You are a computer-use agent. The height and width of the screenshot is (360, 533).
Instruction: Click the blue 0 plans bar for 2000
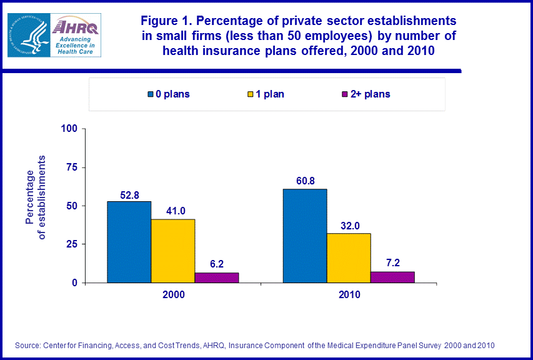(x=129, y=242)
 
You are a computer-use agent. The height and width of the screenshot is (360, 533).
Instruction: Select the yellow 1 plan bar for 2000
(x=172, y=251)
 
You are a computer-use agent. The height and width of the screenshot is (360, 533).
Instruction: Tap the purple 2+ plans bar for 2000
(x=216, y=277)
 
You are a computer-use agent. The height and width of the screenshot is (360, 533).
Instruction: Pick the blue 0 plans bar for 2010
(x=304, y=236)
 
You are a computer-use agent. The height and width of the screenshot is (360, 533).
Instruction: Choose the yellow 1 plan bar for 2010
(x=348, y=257)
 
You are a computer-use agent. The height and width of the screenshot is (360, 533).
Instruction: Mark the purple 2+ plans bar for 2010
(x=392, y=277)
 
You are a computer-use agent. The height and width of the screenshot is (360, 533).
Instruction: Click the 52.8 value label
(x=129, y=194)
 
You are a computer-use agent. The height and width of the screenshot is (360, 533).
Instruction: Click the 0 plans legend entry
(x=169, y=94)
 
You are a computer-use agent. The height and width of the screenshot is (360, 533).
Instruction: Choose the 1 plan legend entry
(x=266, y=94)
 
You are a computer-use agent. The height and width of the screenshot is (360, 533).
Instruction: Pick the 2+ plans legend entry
(x=366, y=94)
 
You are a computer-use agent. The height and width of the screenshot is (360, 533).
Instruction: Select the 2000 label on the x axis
(x=172, y=294)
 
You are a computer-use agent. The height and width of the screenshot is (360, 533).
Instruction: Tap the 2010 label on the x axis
(x=348, y=294)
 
